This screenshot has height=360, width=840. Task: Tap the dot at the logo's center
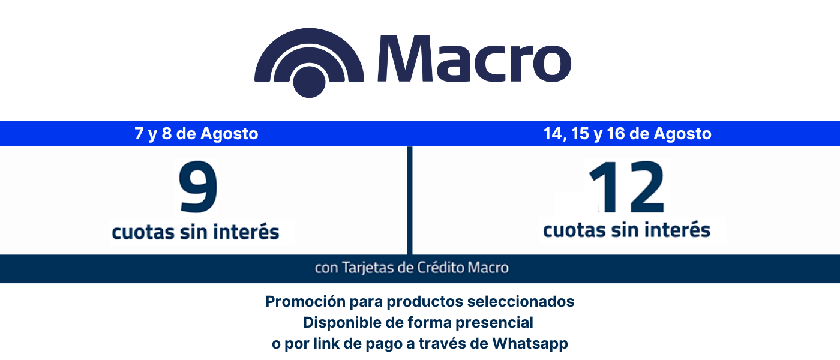click(309, 82)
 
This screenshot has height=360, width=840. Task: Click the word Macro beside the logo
click(474, 59)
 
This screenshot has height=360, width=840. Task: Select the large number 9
click(198, 187)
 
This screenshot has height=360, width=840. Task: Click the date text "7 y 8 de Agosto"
click(196, 134)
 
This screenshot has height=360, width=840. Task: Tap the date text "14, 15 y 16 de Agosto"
click(628, 134)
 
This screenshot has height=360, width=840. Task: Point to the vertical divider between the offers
click(409, 200)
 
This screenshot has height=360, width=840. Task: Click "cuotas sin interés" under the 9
click(196, 232)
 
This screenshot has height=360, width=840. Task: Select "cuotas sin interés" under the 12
click(626, 229)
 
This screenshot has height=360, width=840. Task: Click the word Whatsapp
click(530, 343)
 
